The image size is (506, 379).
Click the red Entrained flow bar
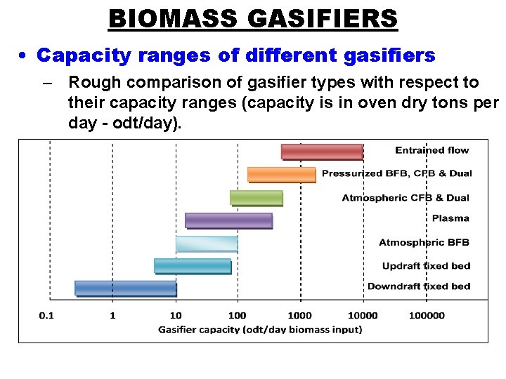point(322,152)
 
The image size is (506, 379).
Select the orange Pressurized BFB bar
point(281,174)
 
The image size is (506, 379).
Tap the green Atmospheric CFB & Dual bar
point(256,198)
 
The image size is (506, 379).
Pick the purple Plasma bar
point(228,220)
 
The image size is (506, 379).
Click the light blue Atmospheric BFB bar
point(207,244)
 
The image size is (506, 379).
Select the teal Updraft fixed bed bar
point(193,266)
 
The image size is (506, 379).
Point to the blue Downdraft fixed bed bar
point(126,288)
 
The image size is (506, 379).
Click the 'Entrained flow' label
point(432,150)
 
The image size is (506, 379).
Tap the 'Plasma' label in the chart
point(450,218)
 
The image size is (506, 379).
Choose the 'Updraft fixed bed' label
point(426,266)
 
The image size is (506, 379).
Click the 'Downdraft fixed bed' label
point(419,286)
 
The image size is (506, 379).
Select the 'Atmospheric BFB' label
point(424,243)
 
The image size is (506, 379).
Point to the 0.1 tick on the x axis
point(46,316)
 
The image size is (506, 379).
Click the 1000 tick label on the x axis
point(300,316)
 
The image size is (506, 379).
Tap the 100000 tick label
point(427,316)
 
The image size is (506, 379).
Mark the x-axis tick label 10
point(176,316)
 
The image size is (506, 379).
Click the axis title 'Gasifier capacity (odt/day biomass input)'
point(260,329)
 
